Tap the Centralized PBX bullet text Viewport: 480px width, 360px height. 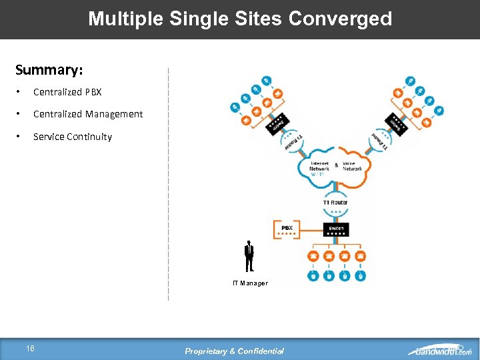(x=67, y=92)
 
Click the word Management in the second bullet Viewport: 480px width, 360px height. (x=113, y=114)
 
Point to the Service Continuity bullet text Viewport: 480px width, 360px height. (x=73, y=137)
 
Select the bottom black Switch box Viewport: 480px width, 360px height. (x=336, y=229)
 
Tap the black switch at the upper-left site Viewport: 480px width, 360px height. (x=274, y=125)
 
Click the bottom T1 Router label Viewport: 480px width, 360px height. (x=335, y=202)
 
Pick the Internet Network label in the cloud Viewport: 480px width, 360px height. (x=319, y=166)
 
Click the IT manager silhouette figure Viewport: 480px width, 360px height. (x=249, y=256)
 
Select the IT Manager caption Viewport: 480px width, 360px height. (x=250, y=283)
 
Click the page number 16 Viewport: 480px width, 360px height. (x=31, y=348)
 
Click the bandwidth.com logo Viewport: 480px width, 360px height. (x=439, y=351)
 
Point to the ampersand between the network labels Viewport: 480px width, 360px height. (x=336, y=165)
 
